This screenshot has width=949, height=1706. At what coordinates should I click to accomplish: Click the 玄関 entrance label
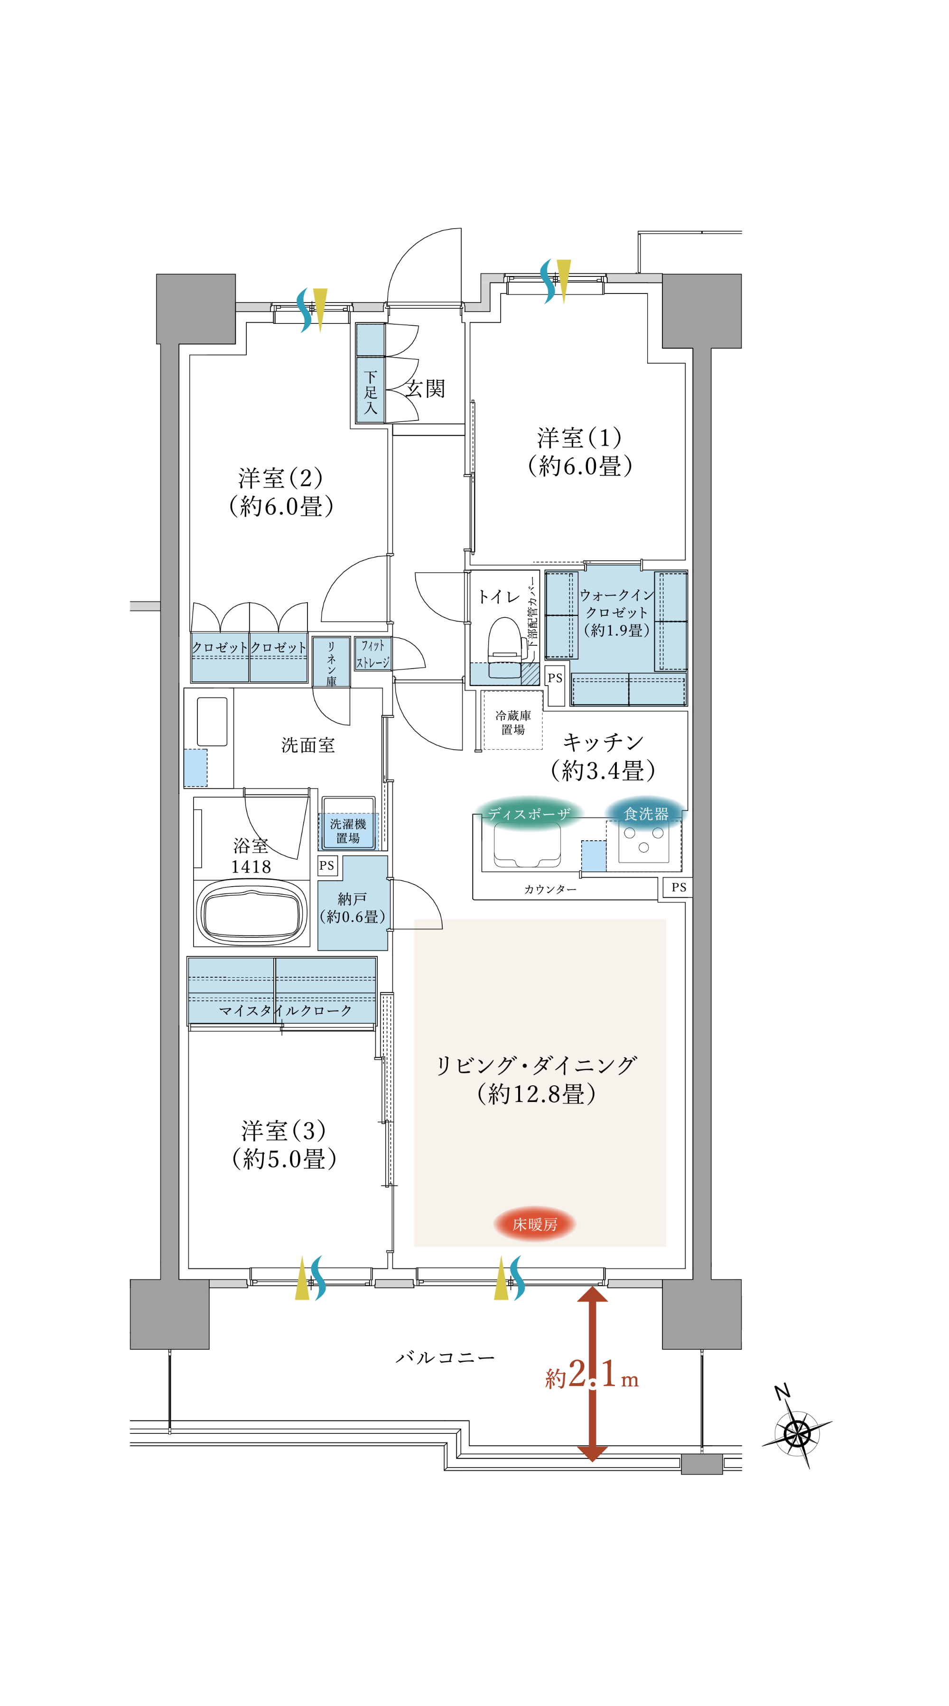(425, 389)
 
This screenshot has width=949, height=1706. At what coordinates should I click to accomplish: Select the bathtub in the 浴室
(252, 913)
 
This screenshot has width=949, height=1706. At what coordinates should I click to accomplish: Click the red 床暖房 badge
(534, 1224)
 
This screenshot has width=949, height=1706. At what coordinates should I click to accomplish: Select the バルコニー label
(445, 1357)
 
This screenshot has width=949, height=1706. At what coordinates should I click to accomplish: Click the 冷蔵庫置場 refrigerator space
(513, 722)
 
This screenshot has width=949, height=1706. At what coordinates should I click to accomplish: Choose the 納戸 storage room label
(352, 908)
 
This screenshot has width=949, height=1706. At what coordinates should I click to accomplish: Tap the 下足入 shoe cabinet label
(371, 392)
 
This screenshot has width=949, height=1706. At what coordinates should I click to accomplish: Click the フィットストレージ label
(372, 654)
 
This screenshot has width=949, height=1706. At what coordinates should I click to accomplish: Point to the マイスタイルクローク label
(285, 1010)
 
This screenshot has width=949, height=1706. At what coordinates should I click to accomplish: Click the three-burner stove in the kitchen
(643, 840)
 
